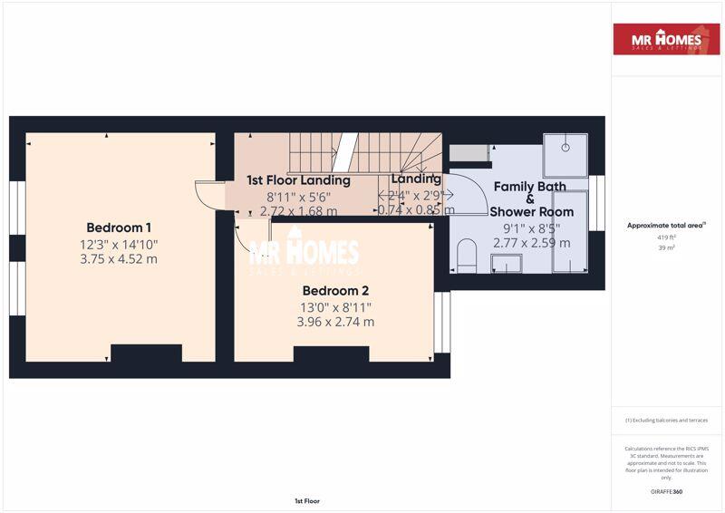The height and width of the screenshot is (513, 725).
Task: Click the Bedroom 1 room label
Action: pos(119,227)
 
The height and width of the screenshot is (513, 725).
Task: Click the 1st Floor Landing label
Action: pos(298,180)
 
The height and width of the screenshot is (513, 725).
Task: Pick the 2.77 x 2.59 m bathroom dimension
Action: pos(532,243)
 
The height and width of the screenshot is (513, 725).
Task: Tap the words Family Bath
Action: pos(529,187)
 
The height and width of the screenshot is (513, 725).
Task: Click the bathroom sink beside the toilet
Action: pos(507,262)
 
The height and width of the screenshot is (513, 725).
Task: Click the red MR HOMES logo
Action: pos(666,39)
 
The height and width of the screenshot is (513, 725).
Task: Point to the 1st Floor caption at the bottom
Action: pos(307,500)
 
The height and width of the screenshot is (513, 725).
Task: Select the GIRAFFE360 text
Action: pos(666,491)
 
